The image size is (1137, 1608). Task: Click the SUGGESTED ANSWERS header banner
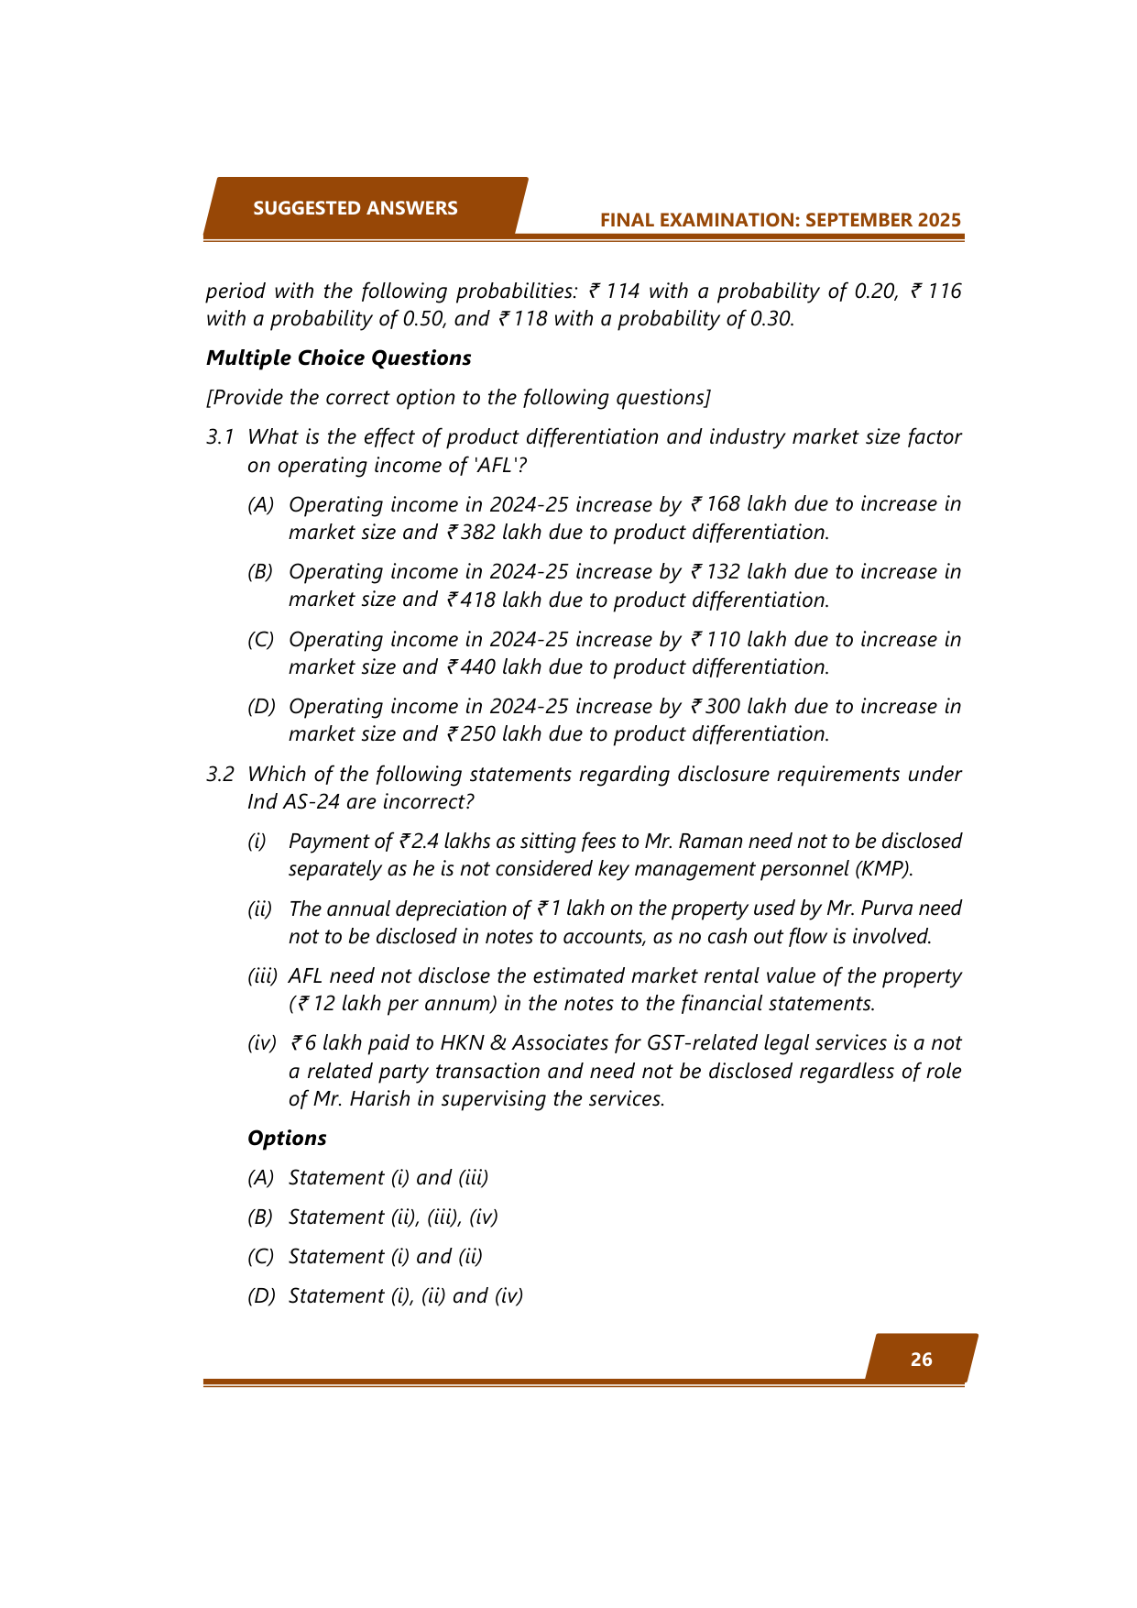tap(355, 208)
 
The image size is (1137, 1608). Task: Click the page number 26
tap(921, 1360)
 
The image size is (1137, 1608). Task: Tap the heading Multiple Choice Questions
tap(338, 358)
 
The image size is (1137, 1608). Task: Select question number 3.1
tap(220, 437)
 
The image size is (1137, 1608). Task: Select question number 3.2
tap(220, 775)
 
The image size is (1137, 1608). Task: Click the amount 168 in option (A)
tap(723, 504)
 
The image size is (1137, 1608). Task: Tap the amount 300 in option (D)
tap(723, 707)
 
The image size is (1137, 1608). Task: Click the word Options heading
tap(287, 1138)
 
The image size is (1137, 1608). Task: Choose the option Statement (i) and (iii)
tap(388, 1177)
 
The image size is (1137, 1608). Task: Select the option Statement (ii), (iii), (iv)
tap(393, 1217)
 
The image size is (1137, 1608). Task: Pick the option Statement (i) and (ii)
tap(385, 1256)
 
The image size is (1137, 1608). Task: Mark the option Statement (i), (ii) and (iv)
tap(405, 1295)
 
